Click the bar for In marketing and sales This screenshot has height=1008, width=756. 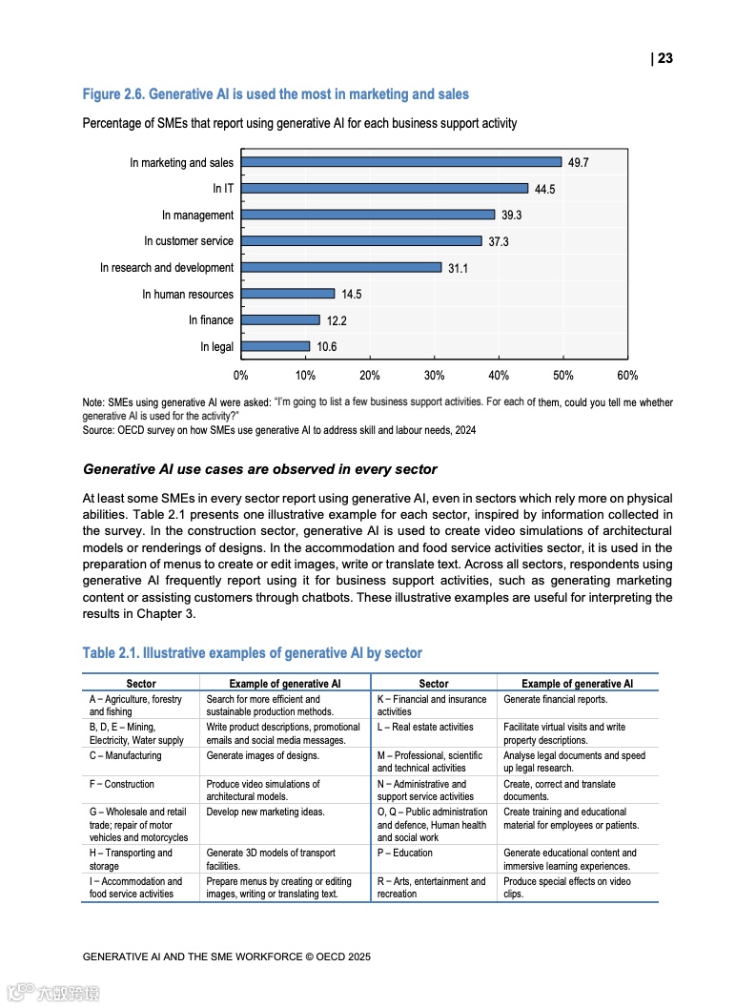coord(400,162)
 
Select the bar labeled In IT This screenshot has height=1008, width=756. coord(383,189)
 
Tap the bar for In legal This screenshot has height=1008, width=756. coord(275,346)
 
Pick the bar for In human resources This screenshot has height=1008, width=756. coord(287,294)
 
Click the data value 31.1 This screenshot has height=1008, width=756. coord(458,269)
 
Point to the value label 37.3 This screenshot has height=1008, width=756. coord(498,242)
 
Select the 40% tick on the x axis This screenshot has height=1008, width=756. coord(499,376)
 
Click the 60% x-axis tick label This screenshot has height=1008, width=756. coord(627,376)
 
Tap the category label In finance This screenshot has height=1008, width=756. coord(211,320)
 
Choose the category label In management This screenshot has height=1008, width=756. coord(197,216)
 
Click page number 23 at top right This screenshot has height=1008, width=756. coord(664,58)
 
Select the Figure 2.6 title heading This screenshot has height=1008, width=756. coord(276,93)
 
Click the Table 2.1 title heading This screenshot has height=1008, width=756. coord(252,652)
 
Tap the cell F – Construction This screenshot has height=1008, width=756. coord(122,784)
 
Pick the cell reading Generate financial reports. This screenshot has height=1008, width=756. coord(555,699)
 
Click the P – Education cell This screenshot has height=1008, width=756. coord(405,853)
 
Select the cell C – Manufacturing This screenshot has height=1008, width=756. coord(126,755)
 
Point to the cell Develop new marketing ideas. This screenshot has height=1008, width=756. coord(266,812)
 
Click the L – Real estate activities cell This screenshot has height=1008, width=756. coord(425,727)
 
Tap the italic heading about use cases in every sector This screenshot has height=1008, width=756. coord(260,469)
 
